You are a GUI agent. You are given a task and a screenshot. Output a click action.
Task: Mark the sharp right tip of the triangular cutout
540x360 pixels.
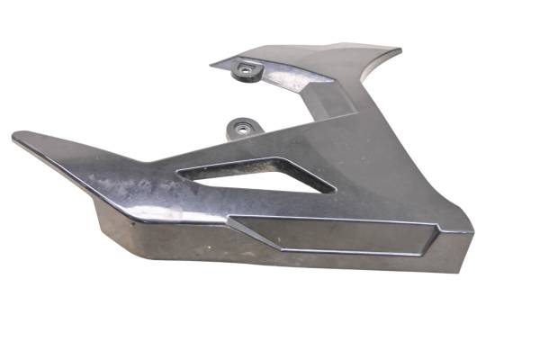click(x=334, y=190)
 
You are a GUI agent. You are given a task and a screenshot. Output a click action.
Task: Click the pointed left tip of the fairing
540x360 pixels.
click(x=15, y=138)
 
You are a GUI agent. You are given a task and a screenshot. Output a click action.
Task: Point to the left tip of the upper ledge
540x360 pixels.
click(x=213, y=64)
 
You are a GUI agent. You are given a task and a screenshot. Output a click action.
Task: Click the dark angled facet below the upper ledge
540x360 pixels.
click(x=333, y=99)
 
